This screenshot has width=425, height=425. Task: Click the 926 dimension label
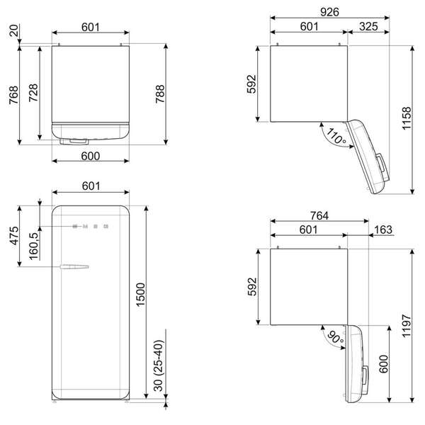pos(329,12)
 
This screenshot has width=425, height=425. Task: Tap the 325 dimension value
pos(368,27)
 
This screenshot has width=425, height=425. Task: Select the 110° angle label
pos(336,136)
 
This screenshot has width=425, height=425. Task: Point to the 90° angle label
pos(336,337)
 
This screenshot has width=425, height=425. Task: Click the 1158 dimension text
pos(407,118)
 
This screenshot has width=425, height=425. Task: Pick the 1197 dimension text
pos(407,326)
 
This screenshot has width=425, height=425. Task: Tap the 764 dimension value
pos(319,216)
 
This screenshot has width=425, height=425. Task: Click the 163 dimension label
pos(383,229)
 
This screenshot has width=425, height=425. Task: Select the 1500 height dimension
pos(141,295)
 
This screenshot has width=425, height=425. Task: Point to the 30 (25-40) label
pos(159,365)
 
